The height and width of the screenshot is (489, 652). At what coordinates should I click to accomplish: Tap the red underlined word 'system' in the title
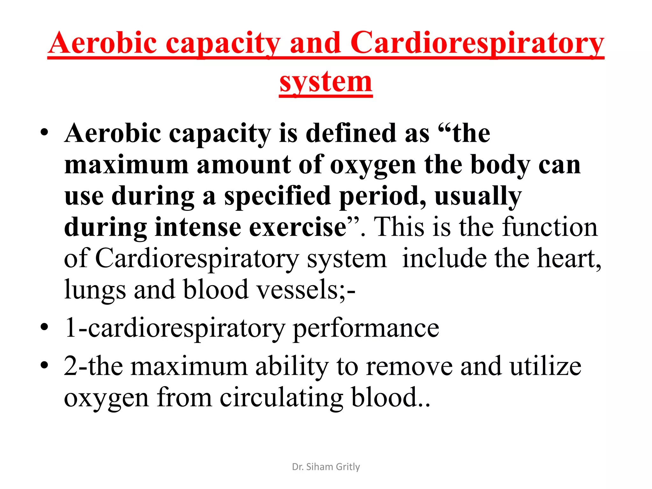pos(326,82)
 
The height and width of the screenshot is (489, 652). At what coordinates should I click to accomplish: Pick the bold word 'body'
pos(500,165)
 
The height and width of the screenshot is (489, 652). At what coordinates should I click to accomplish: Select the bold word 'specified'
pos(277,196)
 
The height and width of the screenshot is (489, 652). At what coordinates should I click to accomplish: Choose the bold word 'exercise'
pos(298,227)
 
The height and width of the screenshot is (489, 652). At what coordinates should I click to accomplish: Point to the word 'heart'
pos(567,258)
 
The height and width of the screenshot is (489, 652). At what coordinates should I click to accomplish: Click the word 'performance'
pos(366,328)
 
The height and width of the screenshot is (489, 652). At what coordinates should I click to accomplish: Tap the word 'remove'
pos(409,366)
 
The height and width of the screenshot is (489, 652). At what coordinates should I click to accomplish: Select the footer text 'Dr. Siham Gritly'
pos(326,467)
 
